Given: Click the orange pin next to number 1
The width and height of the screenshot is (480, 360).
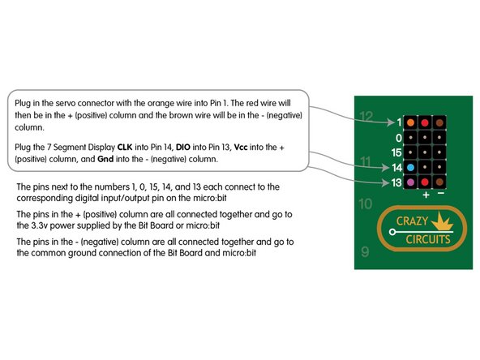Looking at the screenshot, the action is pyautogui.click(x=410, y=122).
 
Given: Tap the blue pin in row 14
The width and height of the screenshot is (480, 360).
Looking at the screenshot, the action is pyautogui.click(x=410, y=168).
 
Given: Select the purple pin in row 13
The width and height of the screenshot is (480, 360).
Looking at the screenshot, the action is pyautogui.click(x=410, y=182).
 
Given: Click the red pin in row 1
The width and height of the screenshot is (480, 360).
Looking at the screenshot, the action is pyautogui.click(x=425, y=122).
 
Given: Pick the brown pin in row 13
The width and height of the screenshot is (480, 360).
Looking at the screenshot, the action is pyautogui.click(x=439, y=182).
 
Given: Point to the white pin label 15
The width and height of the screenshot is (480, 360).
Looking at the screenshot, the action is pyautogui.click(x=396, y=152).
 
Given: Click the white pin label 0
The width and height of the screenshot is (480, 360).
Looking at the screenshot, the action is pyautogui.click(x=398, y=138).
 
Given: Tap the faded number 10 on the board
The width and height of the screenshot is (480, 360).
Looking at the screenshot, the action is pyautogui.click(x=366, y=204).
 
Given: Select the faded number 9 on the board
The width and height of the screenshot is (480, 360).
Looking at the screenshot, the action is pyautogui.click(x=365, y=252).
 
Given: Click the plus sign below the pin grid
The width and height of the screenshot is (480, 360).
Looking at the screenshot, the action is pyautogui.click(x=426, y=195).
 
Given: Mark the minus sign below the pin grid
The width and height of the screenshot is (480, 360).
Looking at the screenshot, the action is pyautogui.click(x=441, y=194).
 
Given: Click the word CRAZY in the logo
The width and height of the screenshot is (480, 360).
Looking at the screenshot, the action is pyautogui.click(x=413, y=221).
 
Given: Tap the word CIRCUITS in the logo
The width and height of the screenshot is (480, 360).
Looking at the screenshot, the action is pyautogui.click(x=428, y=239).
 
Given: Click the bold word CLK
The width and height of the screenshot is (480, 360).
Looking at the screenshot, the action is pyautogui.click(x=125, y=148).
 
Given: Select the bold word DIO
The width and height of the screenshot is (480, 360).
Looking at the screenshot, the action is pyautogui.click(x=183, y=148).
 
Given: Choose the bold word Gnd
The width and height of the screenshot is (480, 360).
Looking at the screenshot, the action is pyautogui.click(x=105, y=159).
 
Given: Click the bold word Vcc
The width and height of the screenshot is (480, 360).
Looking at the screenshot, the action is pyautogui.click(x=241, y=148).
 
